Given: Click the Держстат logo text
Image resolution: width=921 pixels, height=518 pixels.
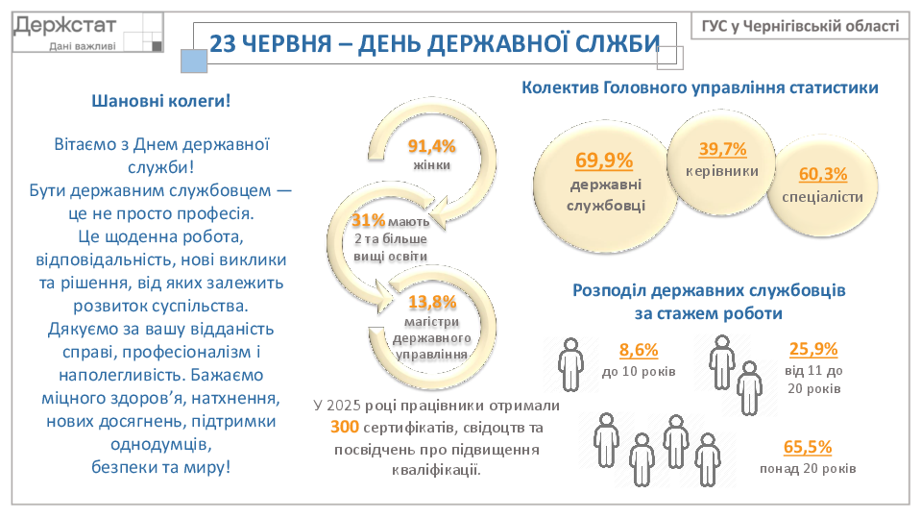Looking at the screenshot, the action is (x=65, y=26).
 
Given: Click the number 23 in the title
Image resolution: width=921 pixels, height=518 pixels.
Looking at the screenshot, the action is (x=223, y=44).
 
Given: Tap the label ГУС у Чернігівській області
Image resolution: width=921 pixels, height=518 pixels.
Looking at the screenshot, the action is (x=800, y=27).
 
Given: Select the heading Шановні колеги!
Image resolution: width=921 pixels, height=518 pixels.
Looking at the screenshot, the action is (x=161, y=101).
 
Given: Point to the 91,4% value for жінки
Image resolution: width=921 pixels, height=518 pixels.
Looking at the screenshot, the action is (x=432, y=146).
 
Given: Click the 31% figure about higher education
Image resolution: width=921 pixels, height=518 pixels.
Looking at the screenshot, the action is (x=368, y=220).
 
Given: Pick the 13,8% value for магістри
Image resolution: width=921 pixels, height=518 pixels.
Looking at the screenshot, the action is (x=432, y=302).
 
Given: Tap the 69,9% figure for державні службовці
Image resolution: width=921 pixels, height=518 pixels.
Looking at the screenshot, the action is (x=604, y=160).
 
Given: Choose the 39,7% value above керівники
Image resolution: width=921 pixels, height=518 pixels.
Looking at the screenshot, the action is (x=722, y=149).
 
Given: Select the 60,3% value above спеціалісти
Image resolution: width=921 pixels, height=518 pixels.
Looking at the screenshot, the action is (x=823, y=174).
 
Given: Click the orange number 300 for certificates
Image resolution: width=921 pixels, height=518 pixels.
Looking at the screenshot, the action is (x=344, y=427).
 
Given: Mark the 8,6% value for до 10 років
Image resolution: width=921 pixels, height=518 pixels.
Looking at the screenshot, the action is (x=639, y=351).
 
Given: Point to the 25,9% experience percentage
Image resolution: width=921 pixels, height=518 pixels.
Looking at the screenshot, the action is (x=813, y=349).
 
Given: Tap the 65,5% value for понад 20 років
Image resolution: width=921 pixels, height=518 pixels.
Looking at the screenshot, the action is (x=808, y=448).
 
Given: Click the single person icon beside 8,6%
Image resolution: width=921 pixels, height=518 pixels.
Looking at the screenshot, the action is (x=570, y=364).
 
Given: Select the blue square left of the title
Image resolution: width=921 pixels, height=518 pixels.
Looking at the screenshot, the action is (x=194, y=62).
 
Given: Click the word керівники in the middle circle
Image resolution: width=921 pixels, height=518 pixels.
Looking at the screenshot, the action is (x=722, y=172).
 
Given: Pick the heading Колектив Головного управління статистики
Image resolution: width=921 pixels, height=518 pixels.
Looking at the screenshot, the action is (x=700, y=88).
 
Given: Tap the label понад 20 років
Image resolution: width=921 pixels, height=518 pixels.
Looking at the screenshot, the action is (x=808, y=469).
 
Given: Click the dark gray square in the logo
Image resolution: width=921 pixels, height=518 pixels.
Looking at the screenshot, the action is (x=157, y=46).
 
